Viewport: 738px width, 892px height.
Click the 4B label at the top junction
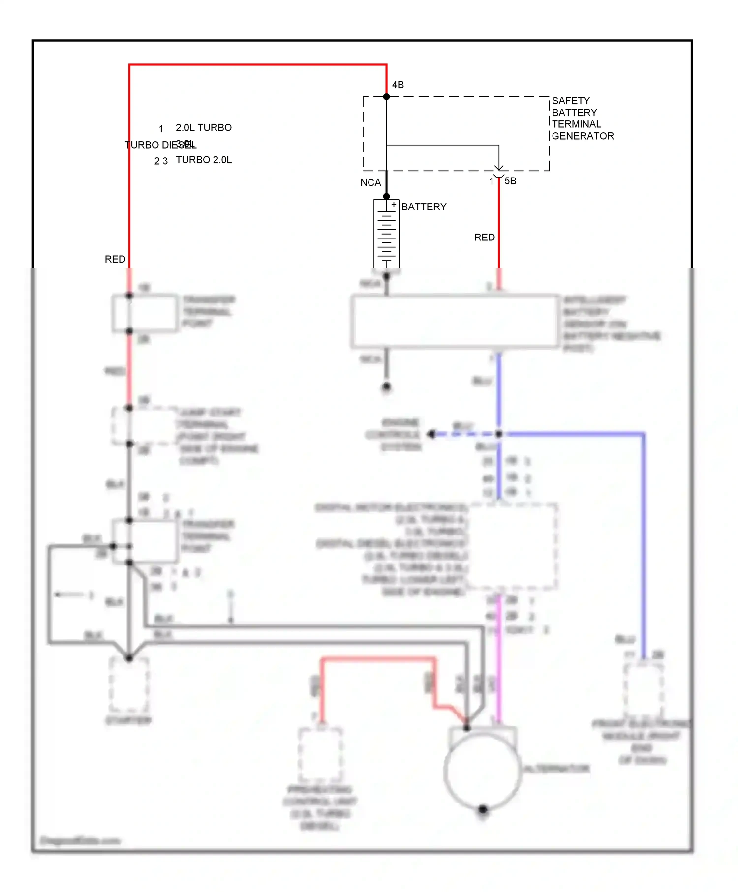398,85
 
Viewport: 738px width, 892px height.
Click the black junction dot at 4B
386,97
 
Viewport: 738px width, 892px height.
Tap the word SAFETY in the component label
571,101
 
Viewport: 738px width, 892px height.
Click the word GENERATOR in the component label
583,136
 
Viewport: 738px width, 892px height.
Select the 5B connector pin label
510,181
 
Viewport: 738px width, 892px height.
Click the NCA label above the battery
370,183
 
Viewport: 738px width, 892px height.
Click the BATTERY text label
424,207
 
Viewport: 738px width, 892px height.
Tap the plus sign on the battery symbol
394,205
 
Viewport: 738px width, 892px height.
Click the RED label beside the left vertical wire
115,259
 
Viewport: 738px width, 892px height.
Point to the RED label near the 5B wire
484,238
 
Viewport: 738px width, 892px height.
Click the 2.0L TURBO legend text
204,128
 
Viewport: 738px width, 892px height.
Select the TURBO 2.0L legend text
204,160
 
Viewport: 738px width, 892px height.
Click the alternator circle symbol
482,771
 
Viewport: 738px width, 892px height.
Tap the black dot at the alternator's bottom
483,809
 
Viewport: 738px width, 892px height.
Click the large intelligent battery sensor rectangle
455,322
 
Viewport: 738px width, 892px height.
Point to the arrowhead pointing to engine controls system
431,434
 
